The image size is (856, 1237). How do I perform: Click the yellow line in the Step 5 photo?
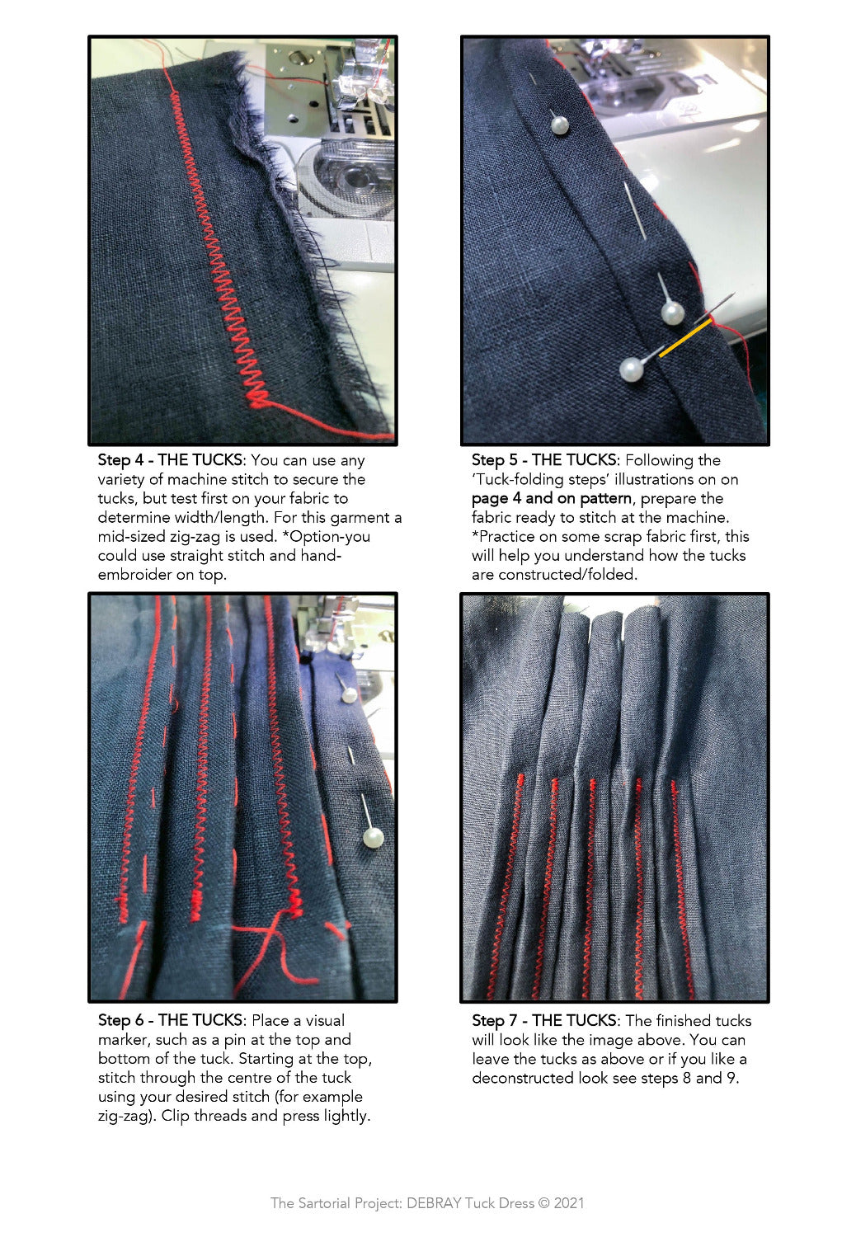coord(684,338)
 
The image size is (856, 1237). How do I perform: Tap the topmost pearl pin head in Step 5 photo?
coord(560,125)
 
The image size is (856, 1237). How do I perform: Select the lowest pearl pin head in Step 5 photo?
coord(631,369)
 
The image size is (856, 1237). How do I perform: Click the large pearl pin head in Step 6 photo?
coord(374,839)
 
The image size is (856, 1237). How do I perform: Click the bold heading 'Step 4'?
coord(120,460)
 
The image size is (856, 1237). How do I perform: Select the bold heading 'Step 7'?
coord(494,1020)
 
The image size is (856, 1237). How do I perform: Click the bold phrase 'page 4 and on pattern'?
coord(551,499)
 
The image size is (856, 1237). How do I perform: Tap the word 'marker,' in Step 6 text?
coord(125,1040)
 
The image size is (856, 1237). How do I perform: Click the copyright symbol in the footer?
coord(544,1202)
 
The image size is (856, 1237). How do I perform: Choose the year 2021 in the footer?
coord(569,1202)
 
